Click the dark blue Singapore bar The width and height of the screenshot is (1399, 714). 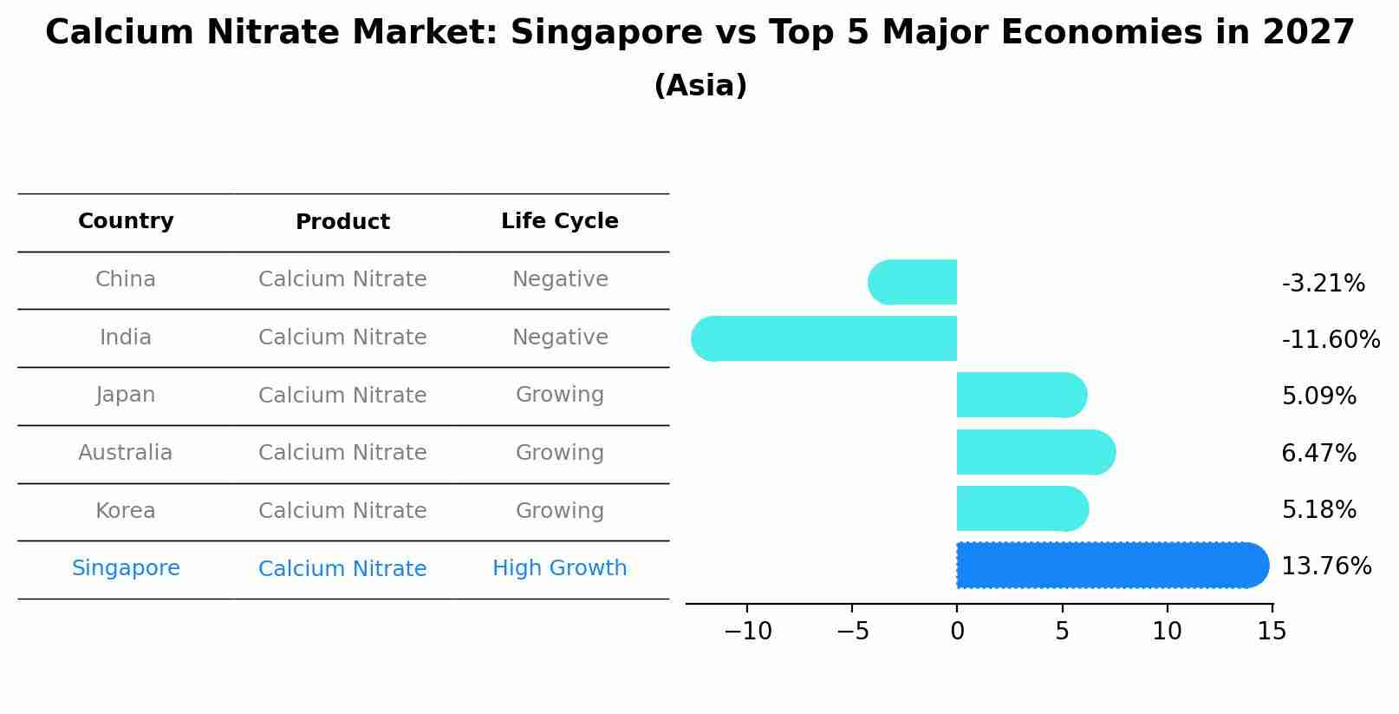(1112, 566)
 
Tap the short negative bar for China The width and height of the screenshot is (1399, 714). (912, 282)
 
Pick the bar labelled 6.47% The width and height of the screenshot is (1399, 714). (1035, 452)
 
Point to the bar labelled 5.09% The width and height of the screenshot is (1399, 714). (1021, 395)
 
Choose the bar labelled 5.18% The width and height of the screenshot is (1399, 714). (1022, 508)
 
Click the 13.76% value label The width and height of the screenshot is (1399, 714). (1325, 567)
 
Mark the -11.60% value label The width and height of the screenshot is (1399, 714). (1330, 339)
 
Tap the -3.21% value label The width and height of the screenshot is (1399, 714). (1323, 284)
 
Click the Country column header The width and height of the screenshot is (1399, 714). (126, 221)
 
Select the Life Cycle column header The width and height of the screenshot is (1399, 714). (559, 221)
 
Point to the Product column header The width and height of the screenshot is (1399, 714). (342, 222)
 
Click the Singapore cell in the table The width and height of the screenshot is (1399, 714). (126, 568)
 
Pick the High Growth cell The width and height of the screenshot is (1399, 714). (559, 568)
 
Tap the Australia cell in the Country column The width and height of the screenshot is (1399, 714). (126, 453)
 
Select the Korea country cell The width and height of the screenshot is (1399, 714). (126, 511)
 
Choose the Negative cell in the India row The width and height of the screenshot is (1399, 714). (559, 337)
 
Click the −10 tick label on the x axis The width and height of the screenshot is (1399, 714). (747, 632)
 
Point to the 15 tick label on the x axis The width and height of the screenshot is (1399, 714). (1272, 632)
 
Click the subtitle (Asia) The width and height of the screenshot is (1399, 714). (699, 86)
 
